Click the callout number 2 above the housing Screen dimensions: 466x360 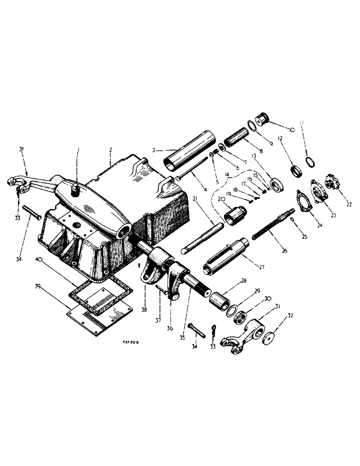point(111,150)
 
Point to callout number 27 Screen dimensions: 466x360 point(262,267)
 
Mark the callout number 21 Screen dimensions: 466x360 point(196,199)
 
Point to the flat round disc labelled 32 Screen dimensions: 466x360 point(269,338)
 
